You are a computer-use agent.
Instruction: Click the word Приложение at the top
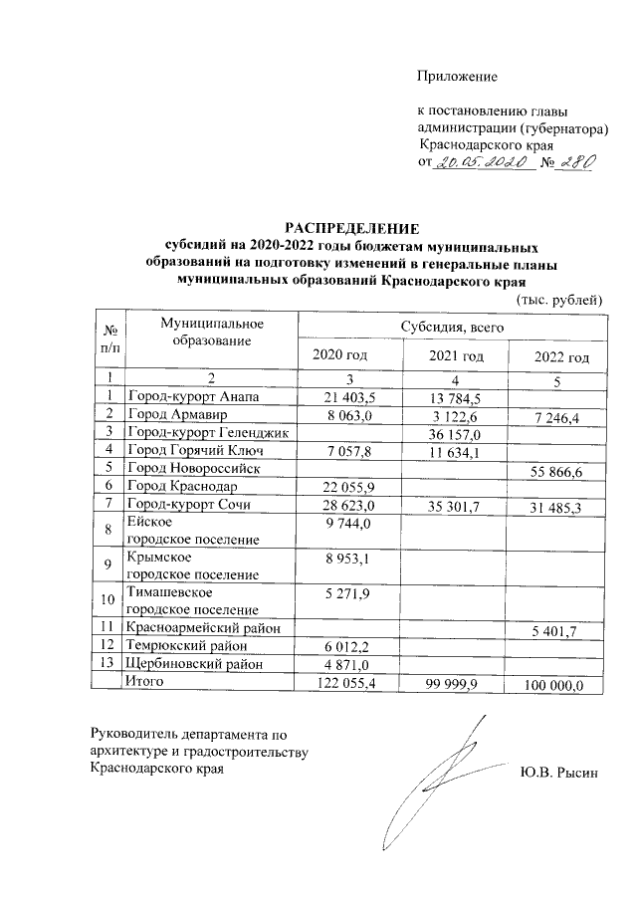[456, 76]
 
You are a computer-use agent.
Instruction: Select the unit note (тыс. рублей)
[557, 298]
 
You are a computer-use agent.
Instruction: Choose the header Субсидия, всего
[453, 326]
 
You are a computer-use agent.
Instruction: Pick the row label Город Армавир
[177, 414]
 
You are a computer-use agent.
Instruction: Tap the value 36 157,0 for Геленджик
[455, 433]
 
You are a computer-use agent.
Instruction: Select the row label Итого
[143, 682]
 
